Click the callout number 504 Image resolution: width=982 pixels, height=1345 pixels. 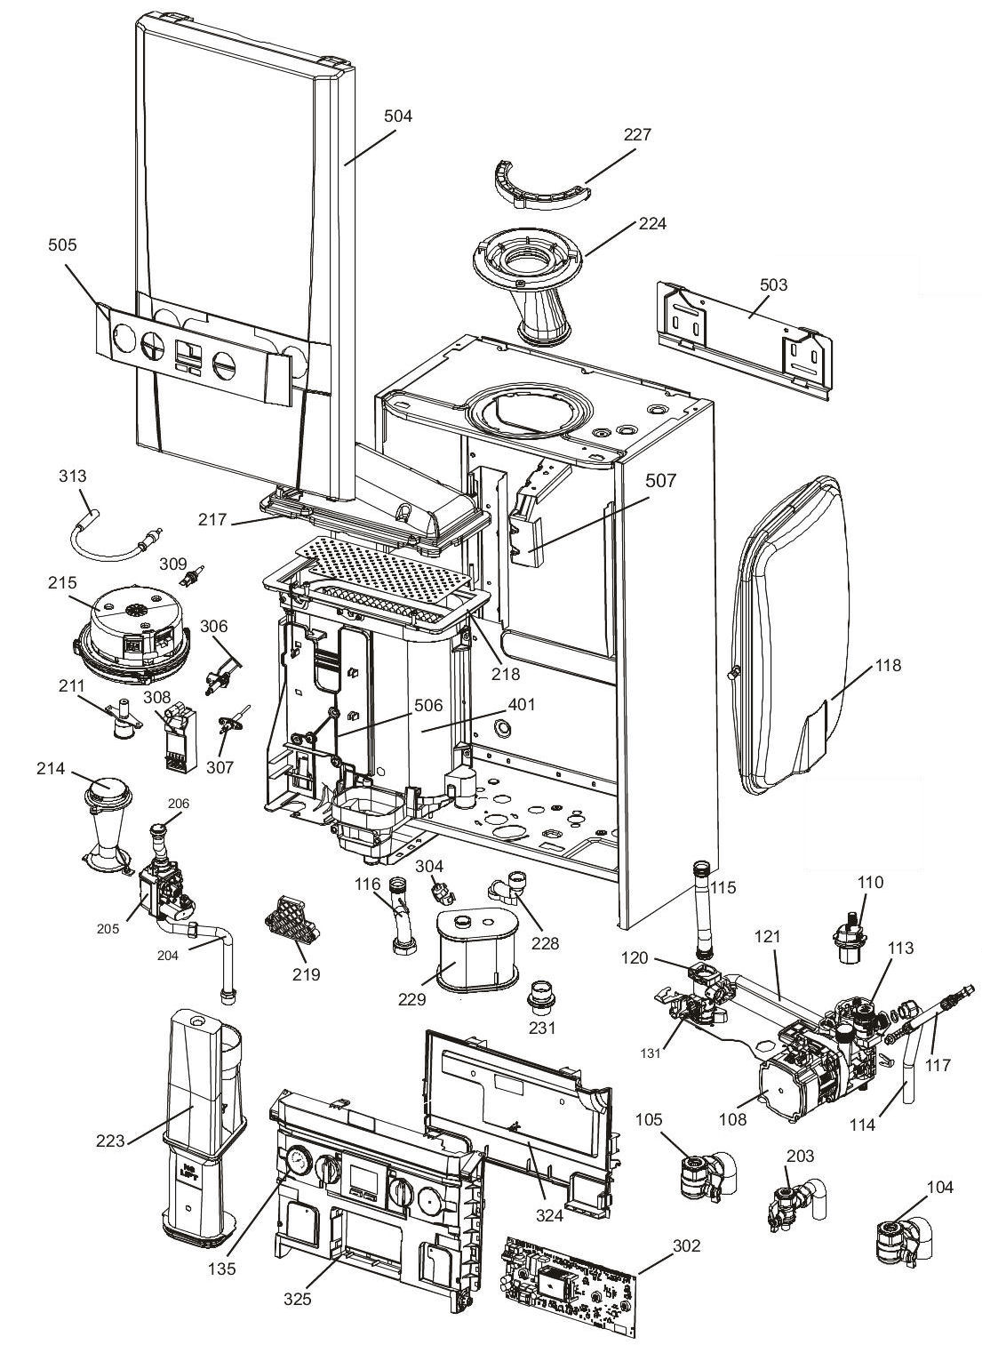point(398,116)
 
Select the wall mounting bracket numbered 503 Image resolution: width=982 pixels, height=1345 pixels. point(745,340)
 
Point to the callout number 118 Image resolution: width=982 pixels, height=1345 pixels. point(888,665)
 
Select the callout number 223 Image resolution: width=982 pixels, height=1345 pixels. point(110,1141)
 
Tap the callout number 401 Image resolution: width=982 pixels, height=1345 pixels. point(521,704)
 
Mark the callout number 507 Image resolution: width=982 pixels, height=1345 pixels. point(660,480)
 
